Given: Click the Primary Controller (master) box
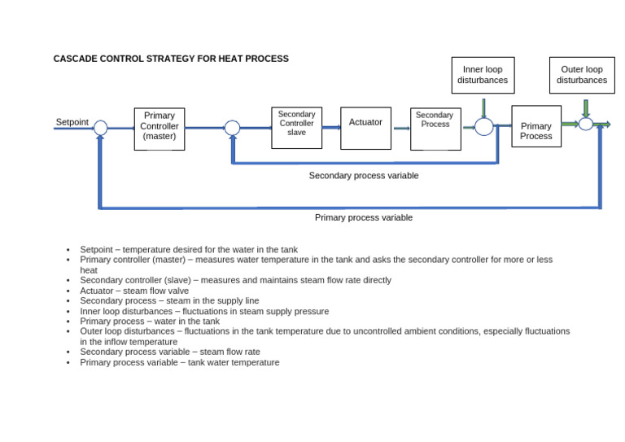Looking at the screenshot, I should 160,129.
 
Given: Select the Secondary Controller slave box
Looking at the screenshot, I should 296,128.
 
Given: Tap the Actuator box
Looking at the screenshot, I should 365,128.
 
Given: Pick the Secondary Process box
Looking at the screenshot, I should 435,129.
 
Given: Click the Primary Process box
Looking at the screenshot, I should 536,126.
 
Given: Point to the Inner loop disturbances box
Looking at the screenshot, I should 483,75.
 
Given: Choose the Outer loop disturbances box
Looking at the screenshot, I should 582,75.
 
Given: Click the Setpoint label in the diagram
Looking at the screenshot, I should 72,122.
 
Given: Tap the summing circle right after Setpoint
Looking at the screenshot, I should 100,128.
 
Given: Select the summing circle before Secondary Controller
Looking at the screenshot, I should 232,128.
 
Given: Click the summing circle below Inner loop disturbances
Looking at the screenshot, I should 483,127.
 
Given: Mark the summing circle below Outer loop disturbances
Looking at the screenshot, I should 585,124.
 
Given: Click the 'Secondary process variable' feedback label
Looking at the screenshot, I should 364,176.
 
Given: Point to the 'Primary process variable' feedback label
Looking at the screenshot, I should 364,218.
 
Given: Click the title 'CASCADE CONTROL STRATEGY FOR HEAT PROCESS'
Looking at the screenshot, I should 171,59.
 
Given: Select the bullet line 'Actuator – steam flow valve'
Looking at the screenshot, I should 134,291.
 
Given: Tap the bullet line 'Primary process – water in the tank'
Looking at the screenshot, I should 150,322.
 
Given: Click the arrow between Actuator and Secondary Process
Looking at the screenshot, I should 401,128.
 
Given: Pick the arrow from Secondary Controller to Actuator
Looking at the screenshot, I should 331,128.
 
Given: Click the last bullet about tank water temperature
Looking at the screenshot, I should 179,362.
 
